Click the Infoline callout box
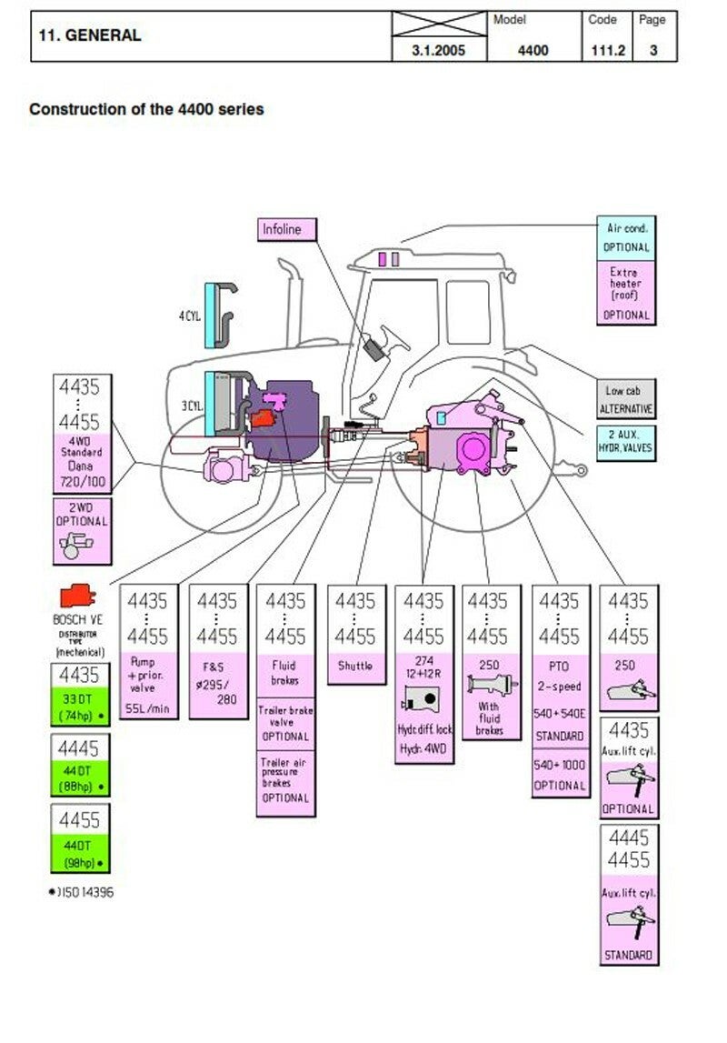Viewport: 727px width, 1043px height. tap(287, 229)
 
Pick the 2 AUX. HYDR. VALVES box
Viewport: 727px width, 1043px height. tap(626, 442)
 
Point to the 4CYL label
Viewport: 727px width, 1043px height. tap(189, 316)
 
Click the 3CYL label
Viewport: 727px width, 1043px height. tap(190, 405)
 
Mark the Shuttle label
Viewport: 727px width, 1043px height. tap(355, 666)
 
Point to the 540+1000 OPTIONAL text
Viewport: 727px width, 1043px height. tap(559, 775)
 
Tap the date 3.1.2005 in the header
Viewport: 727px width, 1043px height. tap(439, 50)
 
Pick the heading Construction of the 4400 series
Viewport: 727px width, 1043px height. tap(146, 109)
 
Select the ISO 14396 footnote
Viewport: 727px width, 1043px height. tap(82, 892)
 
